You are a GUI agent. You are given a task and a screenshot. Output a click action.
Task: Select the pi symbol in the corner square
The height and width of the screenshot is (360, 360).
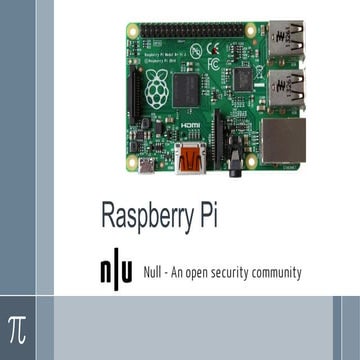[x=17, y=327]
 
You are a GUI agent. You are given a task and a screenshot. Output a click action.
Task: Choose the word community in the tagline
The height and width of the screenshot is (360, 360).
[x=277, y=272]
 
